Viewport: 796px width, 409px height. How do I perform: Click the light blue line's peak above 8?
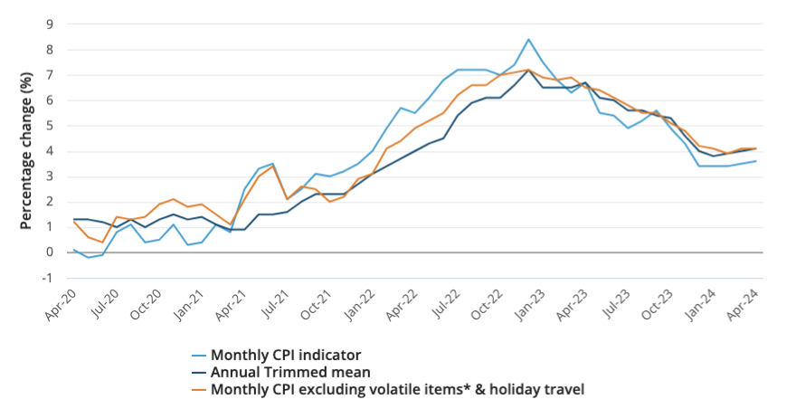[528, 40]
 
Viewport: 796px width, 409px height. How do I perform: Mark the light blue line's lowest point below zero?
[89, 257]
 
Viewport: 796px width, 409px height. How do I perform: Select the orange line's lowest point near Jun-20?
[102, 242]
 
